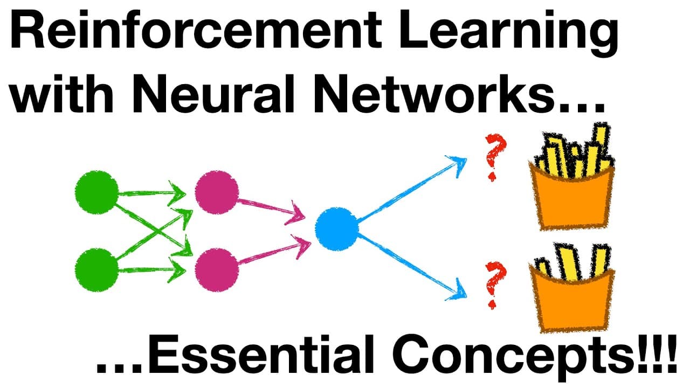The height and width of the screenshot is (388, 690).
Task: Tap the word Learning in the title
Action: click(x=508, y=34)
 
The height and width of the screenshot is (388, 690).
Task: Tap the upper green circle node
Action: click(x=96, y=192)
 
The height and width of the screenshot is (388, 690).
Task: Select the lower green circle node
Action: click(x=96, y=270)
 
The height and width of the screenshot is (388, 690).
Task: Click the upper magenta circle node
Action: click(x=217, y=192)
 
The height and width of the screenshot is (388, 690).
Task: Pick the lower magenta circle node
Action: click(x=217, y=270)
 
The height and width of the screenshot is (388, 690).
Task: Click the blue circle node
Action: click(x=337, y=228)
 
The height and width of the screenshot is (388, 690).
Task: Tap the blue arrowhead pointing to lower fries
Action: click(x=459, y=292)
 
